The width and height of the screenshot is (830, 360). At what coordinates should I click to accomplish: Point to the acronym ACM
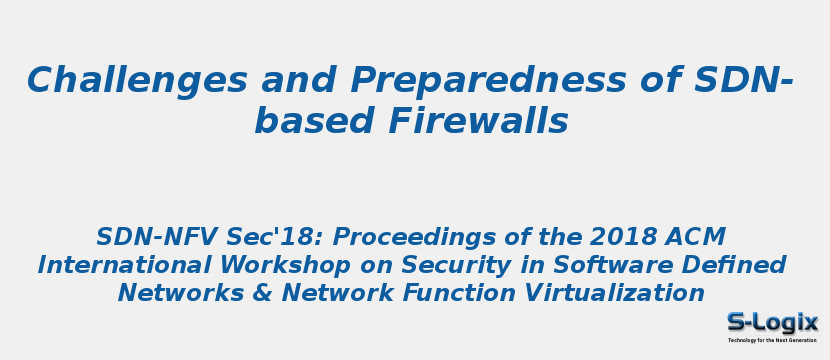coord(696,237)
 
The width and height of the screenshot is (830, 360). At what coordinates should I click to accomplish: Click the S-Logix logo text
coord(772,322)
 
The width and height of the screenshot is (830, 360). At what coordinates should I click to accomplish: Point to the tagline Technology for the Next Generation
coord(772,340)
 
